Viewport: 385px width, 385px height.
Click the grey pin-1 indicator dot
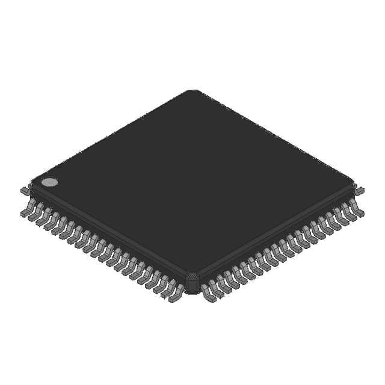point(49,182)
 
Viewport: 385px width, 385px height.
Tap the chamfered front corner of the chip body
point(192,283)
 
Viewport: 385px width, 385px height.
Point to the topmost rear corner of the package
point(192,91)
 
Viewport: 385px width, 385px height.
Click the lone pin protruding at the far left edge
point(25,191)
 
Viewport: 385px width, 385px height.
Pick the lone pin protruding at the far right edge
point(359,191)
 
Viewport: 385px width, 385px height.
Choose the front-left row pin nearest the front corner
point(176,295)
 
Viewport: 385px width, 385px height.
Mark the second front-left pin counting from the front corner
point(168,291)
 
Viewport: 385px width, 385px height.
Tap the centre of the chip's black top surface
point(192,180)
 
